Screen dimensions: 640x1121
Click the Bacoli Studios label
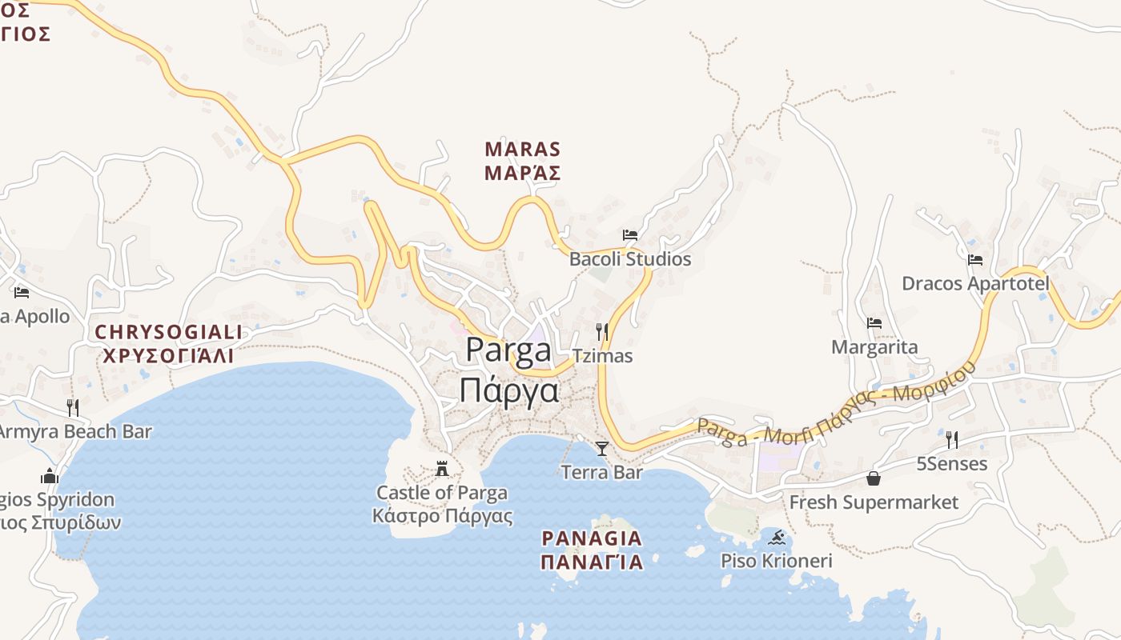click(x=629, y=259)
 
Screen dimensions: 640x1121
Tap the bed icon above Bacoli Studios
click(x=630, y=235)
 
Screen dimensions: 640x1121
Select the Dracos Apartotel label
click(x=974, y=283)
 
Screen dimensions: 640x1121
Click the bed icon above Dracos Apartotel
click(x=974, y=259)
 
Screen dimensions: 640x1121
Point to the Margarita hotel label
click(x=874, y=347)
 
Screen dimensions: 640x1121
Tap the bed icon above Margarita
click(x=874, y=323)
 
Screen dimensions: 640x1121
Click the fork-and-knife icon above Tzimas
click(x=602, y=331)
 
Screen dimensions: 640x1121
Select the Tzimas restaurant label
click(x=602, y=356)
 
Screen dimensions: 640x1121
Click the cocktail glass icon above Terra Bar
click(x=602, y=448)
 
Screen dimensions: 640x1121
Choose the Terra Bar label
click(x=602, y=472)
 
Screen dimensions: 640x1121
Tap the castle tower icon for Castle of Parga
click(x=442, y=469)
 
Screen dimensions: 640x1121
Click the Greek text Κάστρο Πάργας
click(x=442, y=515)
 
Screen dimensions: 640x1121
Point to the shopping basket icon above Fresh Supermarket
click(x=874, y=478)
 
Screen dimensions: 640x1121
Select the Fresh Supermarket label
click(x=874, y=502)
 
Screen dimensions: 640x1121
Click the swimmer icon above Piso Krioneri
click(x=776, y=537)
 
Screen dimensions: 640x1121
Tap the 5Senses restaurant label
click(x=951, y=464)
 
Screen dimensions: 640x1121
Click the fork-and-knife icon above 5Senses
click(x=951, y=439)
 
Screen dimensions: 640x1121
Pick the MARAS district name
click(x=522, y=150)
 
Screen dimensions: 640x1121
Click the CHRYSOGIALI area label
click(x=168, y=331)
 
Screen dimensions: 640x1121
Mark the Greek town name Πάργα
click(x=508, y=391)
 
